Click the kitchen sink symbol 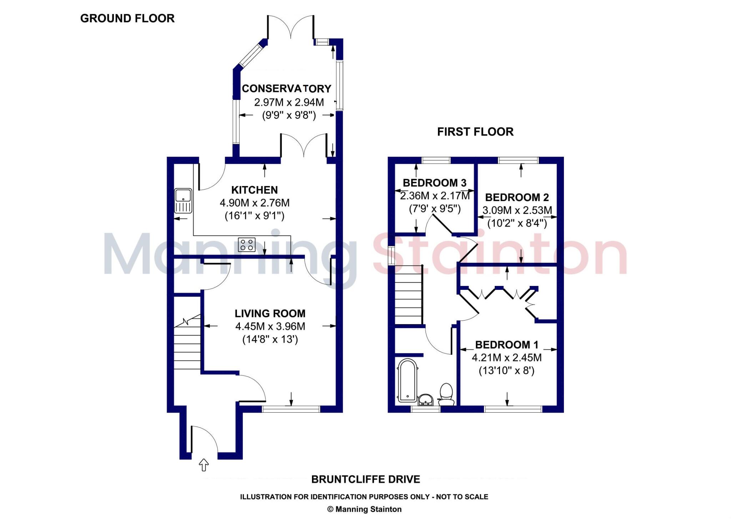(183, 201)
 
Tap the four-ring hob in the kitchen (247, 245)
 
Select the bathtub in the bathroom (407, 381)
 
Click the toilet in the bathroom (446, 394)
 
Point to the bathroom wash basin (425, 400)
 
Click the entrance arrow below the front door (203, 465)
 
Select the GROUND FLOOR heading (127, 19)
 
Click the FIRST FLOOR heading (475, 132)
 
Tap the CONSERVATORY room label (287, 89)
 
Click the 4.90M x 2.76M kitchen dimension (254, 203)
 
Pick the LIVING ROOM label (270, 313)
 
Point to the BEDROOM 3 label (434, 183)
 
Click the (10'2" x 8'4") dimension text (517, 223)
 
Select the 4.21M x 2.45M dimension (506, 357)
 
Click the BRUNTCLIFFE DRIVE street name (365, 479)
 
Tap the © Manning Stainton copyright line (364, 509)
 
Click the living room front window (291, 409)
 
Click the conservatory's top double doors (291, 27)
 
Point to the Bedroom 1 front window (513, 409)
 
